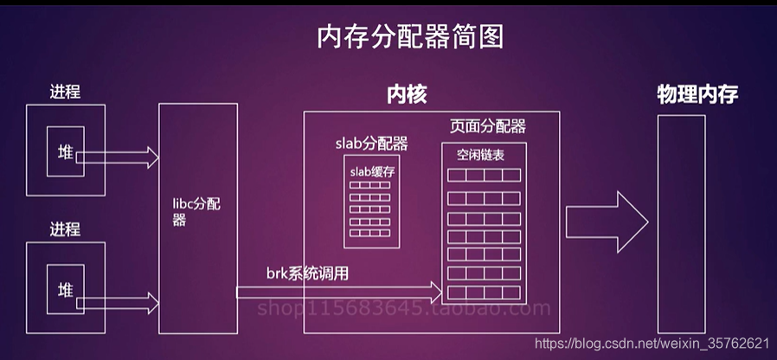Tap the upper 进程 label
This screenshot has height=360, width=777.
[x=65, y=91]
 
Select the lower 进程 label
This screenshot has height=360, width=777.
[x=65, y=229]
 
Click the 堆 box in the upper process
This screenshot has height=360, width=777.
[x=66, y=153]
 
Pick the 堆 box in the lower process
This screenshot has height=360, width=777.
[x=66, y=288]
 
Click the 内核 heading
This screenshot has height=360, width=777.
[x=406, y=95]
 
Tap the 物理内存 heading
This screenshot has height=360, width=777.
[x=697, y=95]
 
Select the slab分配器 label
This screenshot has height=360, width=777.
[x=371, y=143]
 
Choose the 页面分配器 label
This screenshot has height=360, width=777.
[x=487, y=127]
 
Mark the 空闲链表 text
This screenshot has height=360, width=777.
[x=480, y=155]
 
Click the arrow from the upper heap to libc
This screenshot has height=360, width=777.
[x=117, y=157]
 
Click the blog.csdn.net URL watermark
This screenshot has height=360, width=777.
[x=652, y=344]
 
